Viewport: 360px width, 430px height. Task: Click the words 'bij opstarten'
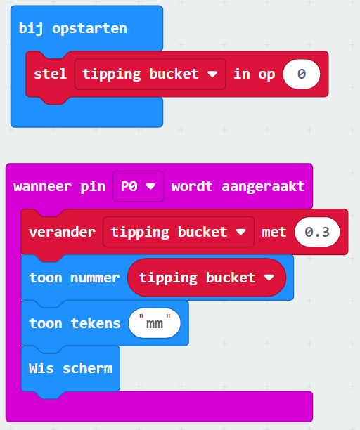click(72, 29)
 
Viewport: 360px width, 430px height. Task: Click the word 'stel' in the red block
click(50, 74)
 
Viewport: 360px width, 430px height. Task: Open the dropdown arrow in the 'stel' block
click(212, 74)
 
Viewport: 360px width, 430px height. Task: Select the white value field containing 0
click(302, 74)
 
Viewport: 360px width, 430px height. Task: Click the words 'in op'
click(254, 74)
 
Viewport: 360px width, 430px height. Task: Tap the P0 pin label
click(129, 186)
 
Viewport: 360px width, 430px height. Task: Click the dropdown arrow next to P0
click(150, 186)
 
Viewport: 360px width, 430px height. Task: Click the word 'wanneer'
click(42, 187)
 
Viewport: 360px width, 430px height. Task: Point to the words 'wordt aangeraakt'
click(238, 186)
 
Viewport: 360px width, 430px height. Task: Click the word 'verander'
click(62, 232)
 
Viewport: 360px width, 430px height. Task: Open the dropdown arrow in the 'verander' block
click(241, 232)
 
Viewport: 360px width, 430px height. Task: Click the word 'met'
click(274, 233)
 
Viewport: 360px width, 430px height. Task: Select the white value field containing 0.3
click(317, 232)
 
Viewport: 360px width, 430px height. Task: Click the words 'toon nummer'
click(75, 278)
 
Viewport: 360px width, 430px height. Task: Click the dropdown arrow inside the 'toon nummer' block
click(269, 278)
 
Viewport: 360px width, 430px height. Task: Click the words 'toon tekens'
click(75, 323)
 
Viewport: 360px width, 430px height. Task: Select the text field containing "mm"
click(155, 323)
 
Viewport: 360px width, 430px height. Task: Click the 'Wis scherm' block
click(70, 368)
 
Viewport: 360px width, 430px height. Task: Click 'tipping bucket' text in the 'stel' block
click(141, 74)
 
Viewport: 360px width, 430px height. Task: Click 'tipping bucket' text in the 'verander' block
click(169, 233)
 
